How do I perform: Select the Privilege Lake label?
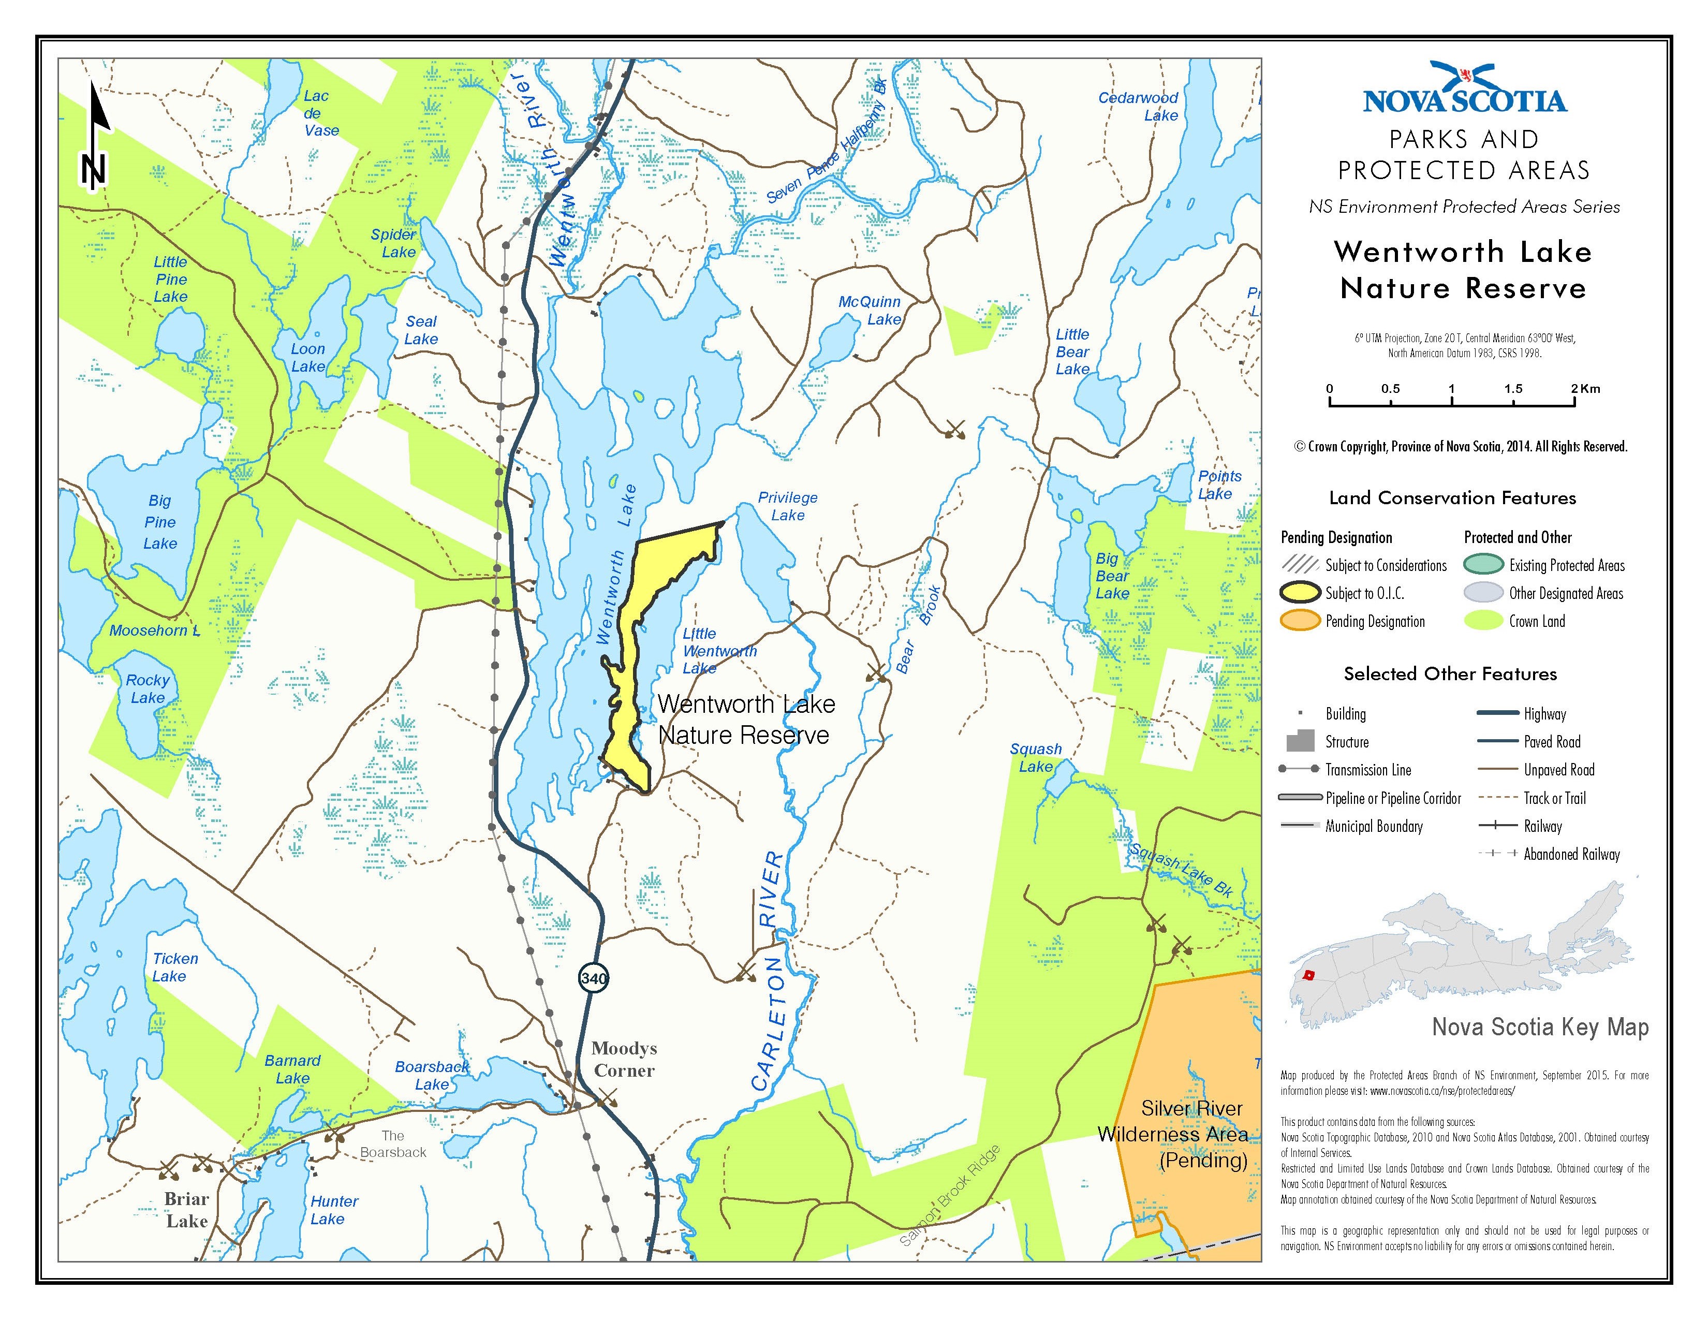coord(788,506)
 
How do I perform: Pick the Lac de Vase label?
coord(320,113)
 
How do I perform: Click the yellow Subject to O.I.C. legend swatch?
coord(1301,593)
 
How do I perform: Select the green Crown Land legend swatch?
coord(1483,621)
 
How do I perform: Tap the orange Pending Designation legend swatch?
coord(1301,621)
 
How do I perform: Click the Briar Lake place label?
coord(186,1210)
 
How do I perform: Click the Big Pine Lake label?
coord(160,522)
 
